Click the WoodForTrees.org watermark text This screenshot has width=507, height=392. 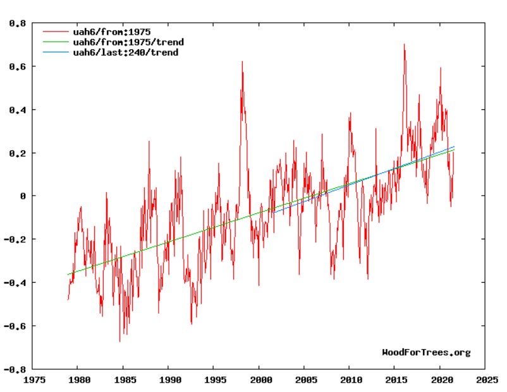tap(426, 352)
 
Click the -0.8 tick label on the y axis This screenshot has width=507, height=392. tap(16, 369)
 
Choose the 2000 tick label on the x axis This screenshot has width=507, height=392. tap(259, 381)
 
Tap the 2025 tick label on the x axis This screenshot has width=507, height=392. tap(485, 381)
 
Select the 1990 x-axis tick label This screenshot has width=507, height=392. tap(168, 381)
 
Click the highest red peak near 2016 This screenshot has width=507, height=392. tap(404, 44)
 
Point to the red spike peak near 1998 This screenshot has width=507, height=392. tap(241, 61)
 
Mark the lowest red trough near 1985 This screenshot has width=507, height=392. tap(119, 342)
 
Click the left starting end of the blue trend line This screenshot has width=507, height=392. tap(274, 212)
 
